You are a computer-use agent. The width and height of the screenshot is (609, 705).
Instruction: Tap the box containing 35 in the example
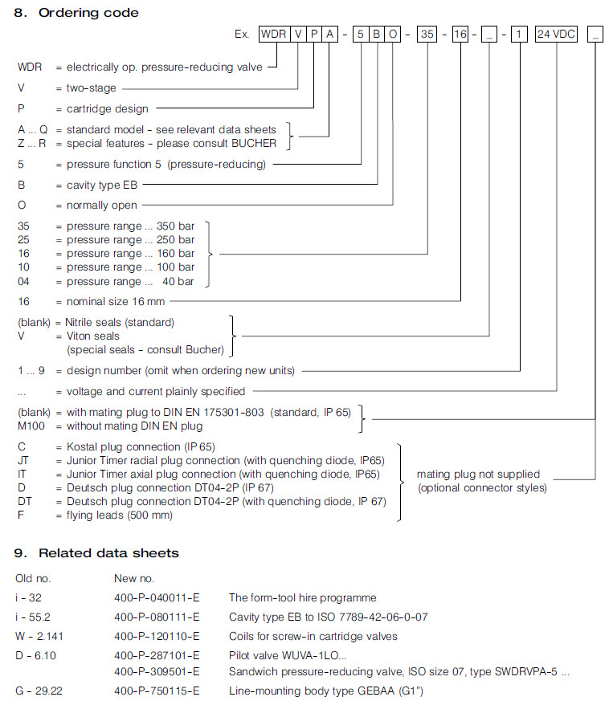427,35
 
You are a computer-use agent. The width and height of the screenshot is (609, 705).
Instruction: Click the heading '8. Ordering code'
77,13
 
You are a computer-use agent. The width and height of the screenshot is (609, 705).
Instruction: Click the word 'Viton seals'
92,336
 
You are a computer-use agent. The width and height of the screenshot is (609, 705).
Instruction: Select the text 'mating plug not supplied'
478,474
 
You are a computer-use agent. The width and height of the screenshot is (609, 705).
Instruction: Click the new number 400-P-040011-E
157,597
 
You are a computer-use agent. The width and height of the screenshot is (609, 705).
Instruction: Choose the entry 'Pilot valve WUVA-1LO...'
278,655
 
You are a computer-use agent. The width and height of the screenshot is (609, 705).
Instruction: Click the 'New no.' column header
134,578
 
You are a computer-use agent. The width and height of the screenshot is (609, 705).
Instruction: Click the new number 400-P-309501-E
157,671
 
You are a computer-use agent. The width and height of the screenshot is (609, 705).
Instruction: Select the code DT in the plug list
23,501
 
